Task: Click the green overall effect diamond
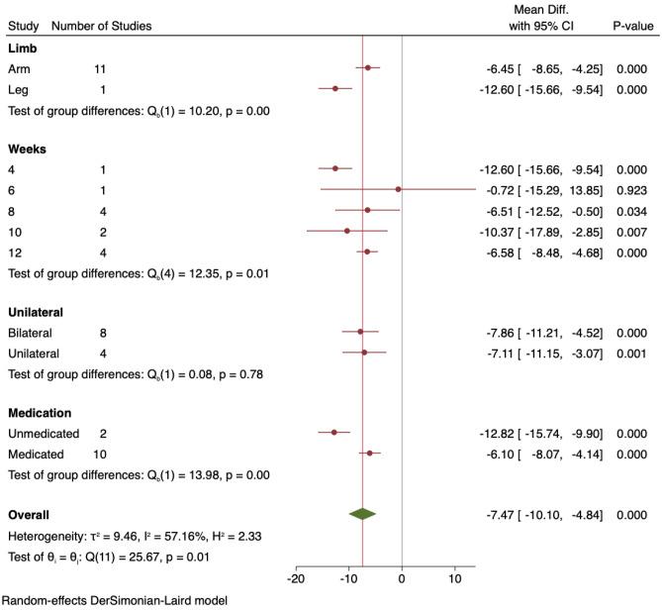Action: pos(363,514)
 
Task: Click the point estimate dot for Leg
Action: pos(334,88)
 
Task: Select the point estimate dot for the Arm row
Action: pos(368,67)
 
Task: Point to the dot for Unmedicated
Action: pos(333,432)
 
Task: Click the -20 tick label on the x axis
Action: pos(294,577)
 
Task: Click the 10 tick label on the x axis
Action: pos(455,577)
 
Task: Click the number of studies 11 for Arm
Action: pos(100,68)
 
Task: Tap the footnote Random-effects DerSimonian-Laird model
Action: pos(115,600)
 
